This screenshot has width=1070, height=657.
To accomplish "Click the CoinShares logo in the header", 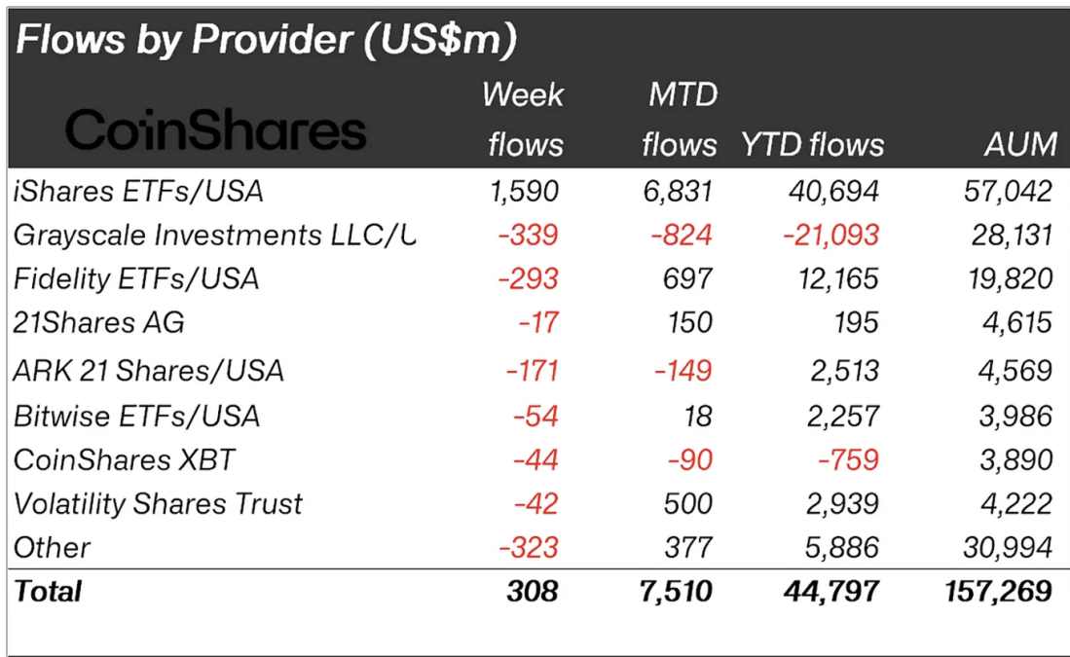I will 216,130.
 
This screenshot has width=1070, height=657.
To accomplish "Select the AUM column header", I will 1020,145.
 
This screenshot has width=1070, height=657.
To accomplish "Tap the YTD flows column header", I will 813,145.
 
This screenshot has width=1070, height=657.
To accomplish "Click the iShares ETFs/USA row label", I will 138,191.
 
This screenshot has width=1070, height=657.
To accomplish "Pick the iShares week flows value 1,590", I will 526,191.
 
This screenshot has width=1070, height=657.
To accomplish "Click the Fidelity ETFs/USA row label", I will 136,279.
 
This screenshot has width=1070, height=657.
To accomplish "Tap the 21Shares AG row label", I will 99,323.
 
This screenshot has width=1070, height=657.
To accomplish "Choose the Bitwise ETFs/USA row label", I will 136,417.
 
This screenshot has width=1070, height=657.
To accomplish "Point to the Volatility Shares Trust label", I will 158,503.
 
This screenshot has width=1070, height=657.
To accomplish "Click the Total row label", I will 48,591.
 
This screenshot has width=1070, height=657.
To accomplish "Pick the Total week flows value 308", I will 533,591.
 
